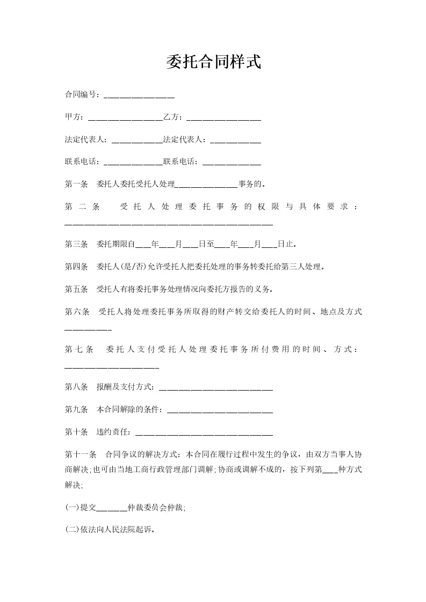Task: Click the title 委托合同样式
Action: tap(213, 62)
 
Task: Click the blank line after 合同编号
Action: tap(139, 96)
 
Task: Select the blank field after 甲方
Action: tap(125, 118)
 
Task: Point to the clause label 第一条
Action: tap(76, 184)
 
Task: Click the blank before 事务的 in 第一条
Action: tap(207, 186)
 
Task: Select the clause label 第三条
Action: tap(76, 244)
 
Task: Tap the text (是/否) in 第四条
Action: tap(133, 267)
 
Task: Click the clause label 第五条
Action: tap(76, 289)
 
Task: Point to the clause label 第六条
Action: tap(76, 312)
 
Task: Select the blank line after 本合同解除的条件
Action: tap(220, 411)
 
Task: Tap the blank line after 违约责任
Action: tap(204, 434)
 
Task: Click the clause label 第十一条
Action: tap(80, 454)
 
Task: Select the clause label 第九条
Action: tap(76, 409)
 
